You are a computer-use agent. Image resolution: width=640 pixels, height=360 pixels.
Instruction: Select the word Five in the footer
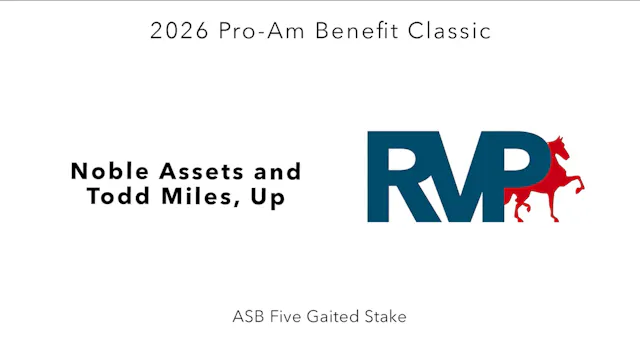point(286,317)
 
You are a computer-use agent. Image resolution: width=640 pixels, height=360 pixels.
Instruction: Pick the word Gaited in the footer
point(333,317)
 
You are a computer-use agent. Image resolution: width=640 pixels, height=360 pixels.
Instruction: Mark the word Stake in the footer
point(385,317)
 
